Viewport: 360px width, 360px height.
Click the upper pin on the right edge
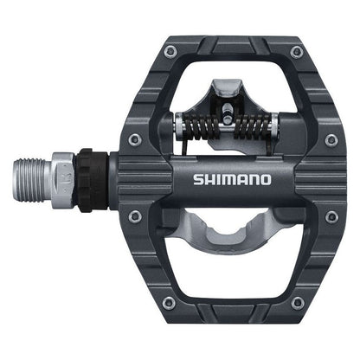(331, 139)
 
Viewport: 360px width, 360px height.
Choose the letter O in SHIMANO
(266, 181)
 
